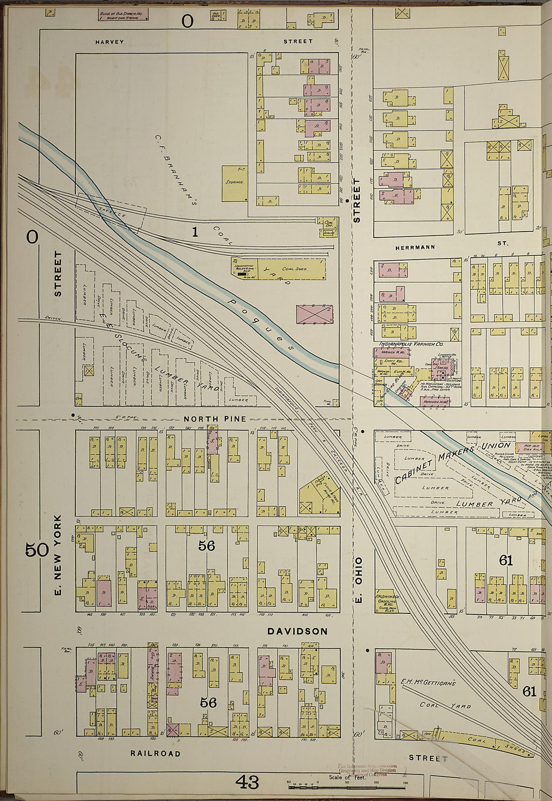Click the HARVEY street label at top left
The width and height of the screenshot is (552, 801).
[109, 42]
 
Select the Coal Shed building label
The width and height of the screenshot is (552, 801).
[294, 269]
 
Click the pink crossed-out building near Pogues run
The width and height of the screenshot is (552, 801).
[315, 314]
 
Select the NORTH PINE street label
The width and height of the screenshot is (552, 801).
[214, 419]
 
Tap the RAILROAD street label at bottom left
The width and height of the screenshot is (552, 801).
[155, 753]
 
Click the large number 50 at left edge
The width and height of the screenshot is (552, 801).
[37, 550]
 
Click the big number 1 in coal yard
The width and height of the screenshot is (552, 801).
[195, 232]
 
